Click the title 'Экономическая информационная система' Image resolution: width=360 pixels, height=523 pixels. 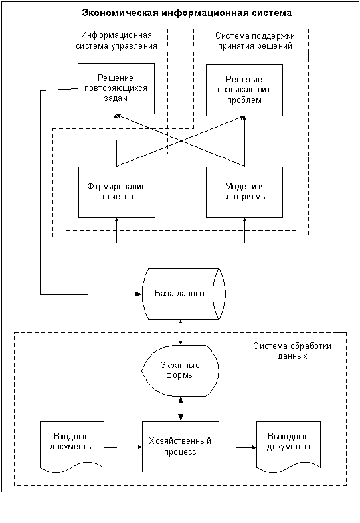187,13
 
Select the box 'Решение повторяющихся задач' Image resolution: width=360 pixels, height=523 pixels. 116,88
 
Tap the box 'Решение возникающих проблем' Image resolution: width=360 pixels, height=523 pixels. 244,90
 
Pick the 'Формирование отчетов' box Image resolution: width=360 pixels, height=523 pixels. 117,193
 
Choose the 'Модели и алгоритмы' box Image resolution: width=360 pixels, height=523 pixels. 244,193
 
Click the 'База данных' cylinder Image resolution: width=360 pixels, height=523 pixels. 184,294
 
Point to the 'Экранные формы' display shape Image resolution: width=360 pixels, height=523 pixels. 181,371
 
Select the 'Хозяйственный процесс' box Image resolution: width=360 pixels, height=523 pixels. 181,447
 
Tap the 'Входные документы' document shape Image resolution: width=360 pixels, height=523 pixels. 72,447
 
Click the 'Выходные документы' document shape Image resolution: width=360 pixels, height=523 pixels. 288,447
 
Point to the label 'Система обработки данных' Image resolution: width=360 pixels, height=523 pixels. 292,351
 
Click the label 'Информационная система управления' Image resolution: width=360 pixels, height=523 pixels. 116,40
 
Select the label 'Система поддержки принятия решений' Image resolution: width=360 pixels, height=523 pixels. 255,41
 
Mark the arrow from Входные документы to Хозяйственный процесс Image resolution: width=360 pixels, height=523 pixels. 124,447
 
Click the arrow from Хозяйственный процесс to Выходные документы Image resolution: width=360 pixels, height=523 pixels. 238,447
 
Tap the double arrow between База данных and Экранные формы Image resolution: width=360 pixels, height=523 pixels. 181,332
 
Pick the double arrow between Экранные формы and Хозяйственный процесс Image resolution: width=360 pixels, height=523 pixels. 181,409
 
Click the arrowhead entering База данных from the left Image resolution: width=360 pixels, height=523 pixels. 139,294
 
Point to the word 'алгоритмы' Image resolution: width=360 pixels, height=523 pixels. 245,197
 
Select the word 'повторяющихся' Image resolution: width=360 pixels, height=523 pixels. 116,88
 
